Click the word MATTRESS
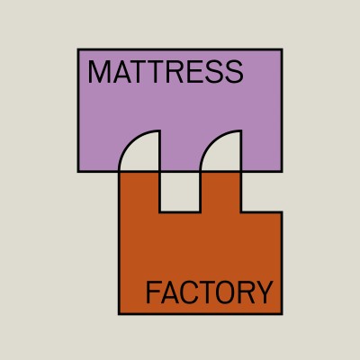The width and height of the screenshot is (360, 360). pyautogui.click(x=166, y=72)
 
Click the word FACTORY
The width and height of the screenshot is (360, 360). pyautogui.click(x=209, y=292)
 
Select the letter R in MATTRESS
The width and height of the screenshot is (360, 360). pyautogui.click(x=174, y=72)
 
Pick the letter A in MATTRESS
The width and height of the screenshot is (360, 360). pyautogui.click(x=122, y=72)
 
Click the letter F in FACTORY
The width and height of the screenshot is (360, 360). pyautogui.click(x=152, y=292)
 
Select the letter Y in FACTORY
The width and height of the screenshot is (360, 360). pyautogui.click(x=264, y=292)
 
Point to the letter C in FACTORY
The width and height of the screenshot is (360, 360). pyautogui.click(x=189, y=292)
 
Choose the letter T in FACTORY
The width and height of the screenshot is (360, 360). pyautogui.click(x=206, y=292)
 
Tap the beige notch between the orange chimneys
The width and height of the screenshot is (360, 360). pyautogui.click(x=180, y=191)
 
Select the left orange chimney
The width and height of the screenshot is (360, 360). pyautogui.click(x=139, y=192)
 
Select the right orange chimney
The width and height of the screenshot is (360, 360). pyautogui.click(x=220, y=192)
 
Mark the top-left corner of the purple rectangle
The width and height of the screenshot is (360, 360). pyautogui.click(x=78, y=49)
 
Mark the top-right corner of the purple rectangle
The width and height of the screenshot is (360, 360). pyautogui.click(x=282, y=49)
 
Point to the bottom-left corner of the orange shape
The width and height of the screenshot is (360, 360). pyautogui.click(x=119, y=314)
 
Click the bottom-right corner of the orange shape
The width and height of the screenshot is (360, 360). pyautogui.click(x=282, y=314)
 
